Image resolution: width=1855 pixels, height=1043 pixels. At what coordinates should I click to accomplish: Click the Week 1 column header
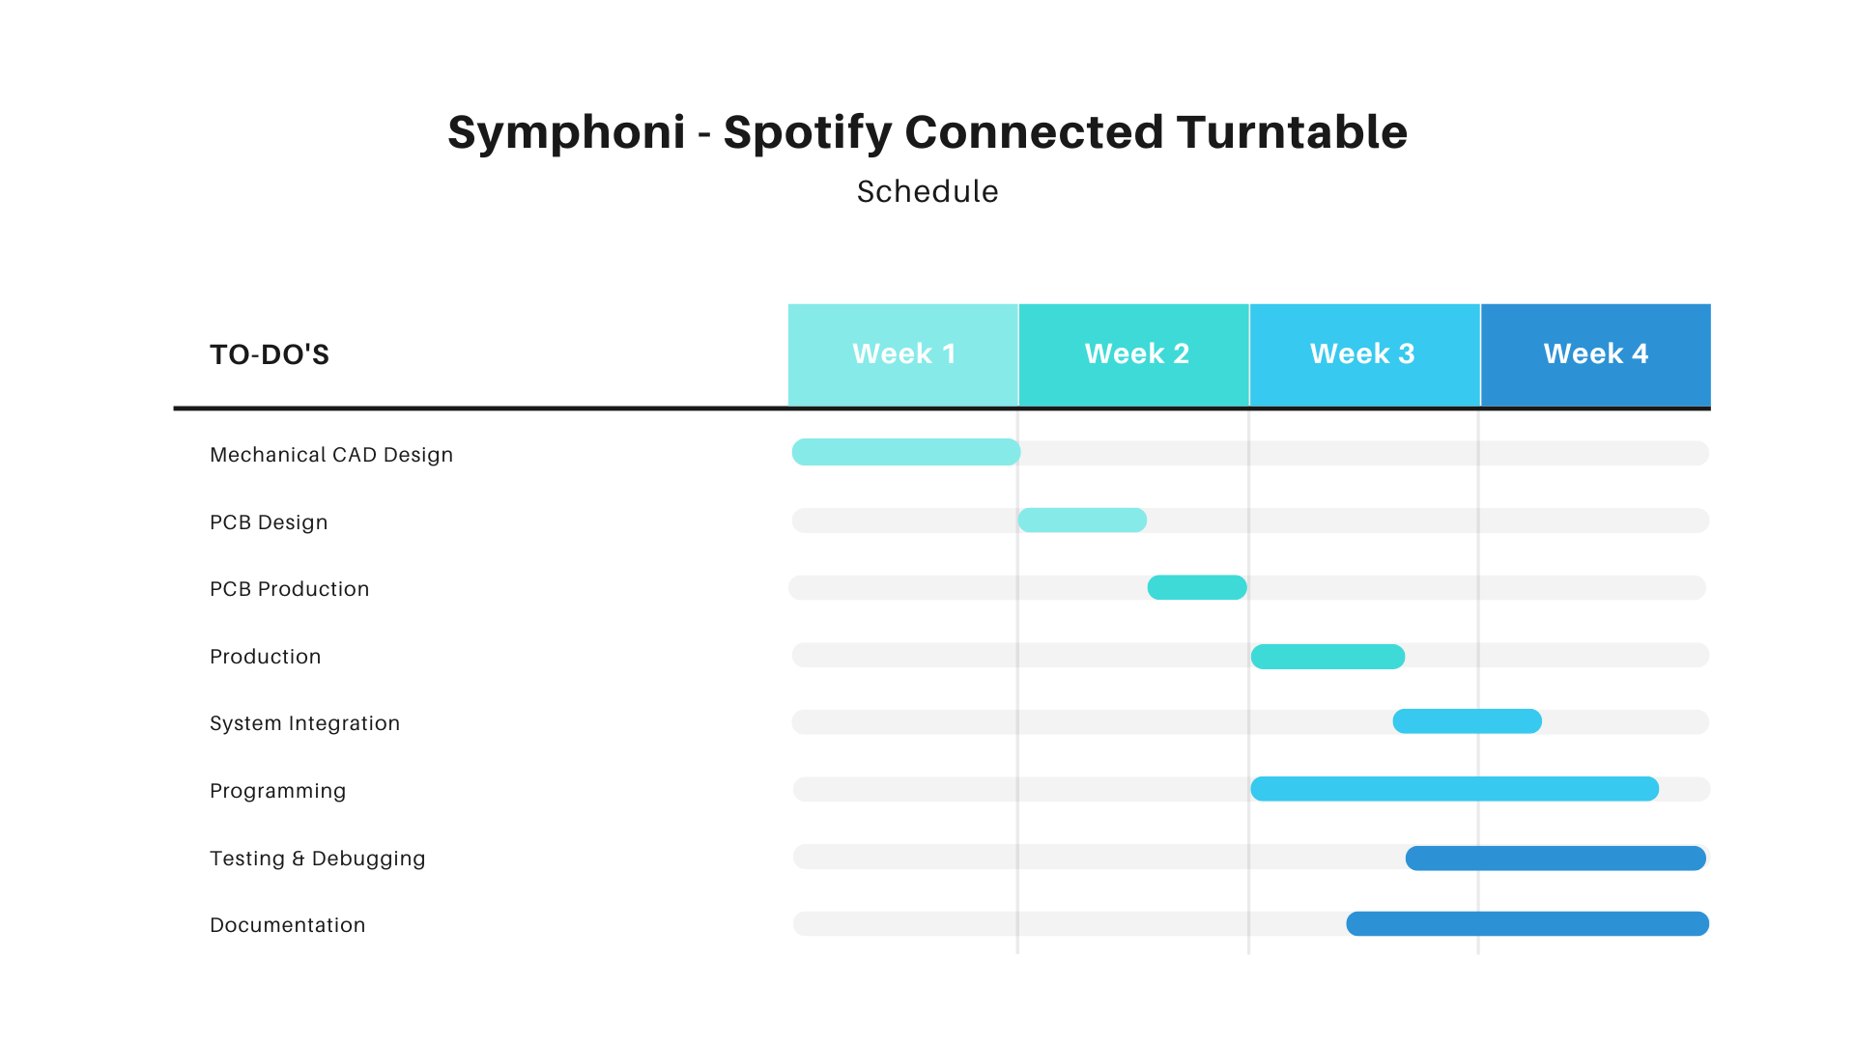(903, 354)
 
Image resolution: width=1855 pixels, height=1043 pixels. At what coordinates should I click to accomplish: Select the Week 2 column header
(1134, 354)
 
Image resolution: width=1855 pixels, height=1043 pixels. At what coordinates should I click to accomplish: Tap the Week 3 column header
(1365, 354)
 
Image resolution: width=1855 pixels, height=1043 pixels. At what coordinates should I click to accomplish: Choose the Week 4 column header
(1596, 354)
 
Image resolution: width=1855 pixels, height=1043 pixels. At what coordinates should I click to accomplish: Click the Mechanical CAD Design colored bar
(906, 452)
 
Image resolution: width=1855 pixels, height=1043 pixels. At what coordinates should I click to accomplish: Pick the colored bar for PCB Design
(1082, 521)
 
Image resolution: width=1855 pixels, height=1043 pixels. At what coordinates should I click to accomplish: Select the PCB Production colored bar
(1197, 587)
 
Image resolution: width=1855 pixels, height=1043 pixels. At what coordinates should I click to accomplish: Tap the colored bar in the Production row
(1327, 657)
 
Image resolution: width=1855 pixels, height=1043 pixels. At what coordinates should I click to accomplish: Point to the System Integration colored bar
(1467, 721)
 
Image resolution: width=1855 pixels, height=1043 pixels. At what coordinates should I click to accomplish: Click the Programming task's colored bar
(1454, 789)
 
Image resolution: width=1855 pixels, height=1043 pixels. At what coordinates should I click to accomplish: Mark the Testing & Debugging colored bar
(1555, 858)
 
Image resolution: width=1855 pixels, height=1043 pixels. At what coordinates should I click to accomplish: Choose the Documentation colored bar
(1527, 924)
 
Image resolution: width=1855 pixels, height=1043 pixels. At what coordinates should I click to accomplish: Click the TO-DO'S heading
(270, 355)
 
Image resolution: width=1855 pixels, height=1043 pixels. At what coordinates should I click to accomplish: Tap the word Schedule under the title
(927, 191)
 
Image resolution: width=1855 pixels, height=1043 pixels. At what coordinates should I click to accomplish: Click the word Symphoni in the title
(566, 133)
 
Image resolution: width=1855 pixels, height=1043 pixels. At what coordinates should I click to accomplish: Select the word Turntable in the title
(1292, 131)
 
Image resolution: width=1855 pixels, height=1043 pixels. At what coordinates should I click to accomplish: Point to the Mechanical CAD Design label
(331, 455)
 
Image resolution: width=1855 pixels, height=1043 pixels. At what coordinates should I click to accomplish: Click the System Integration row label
(304, 723)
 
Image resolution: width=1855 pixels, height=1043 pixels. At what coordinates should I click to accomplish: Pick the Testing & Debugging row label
(317, 859)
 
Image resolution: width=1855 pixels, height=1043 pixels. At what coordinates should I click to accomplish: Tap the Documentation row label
(287, 925)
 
